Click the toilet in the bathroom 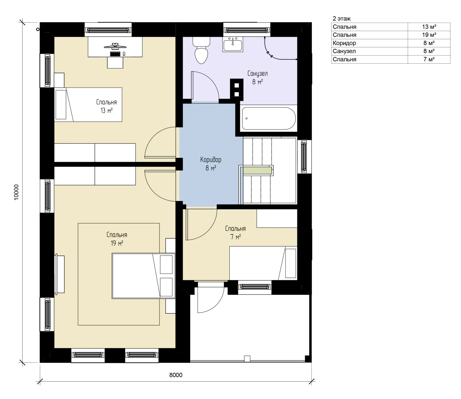click(x=201, y=50)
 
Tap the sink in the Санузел click(x=233, y=44)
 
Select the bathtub click(x=269, y=118)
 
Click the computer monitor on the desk click(x=115, y=46)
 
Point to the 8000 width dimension click(x=176, y=375)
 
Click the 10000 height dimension click(x=16, y=192)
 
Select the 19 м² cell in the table click(x=429, y=35)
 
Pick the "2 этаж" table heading click(x=342, y=18)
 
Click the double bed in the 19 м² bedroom click(x=144, y=276)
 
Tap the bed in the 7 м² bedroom click(x=263, y=263)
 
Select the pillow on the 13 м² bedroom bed click(x=61, y=104)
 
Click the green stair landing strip click(x=257, y=170)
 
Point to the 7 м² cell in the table click(x=429, y=59)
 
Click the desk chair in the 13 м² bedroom click(x=115, y=62)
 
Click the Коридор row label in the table click(x=344, y=43)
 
